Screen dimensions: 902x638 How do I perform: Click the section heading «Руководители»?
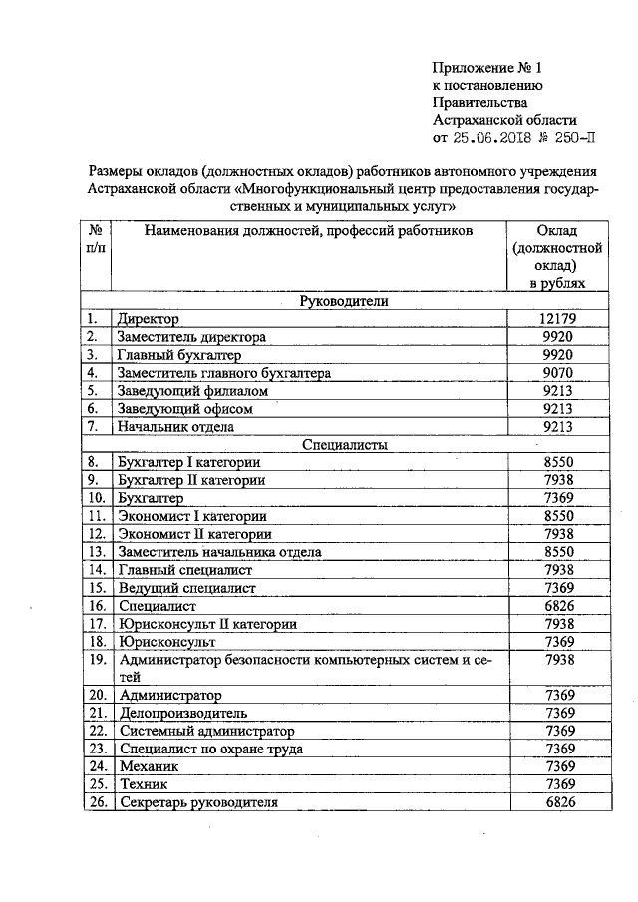click(x=344, y=301)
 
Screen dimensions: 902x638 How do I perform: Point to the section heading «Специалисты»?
click(x=345, y=445)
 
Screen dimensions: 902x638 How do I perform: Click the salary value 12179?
click(x=557, y=319)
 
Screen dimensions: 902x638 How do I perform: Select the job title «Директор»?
click(x=148, y=319)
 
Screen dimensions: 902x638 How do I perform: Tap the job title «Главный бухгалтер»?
click(x=179, y=355)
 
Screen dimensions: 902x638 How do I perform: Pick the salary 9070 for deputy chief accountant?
click(x=557, y=373)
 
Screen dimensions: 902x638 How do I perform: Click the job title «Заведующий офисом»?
click(x=185, y=409)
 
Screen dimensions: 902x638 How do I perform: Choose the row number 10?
click(x=96, y=498)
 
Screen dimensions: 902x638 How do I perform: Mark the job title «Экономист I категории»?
click(x=192, y=516)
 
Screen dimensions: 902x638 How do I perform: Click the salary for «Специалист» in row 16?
click(x=557, y=606)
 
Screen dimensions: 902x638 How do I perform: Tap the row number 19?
click(x=96, y=659)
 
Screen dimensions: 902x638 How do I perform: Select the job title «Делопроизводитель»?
click(x=183, y=714)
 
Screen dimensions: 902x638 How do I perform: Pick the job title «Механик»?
click(x=148, y=767)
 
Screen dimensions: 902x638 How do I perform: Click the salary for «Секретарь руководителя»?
click(x=557, y=803)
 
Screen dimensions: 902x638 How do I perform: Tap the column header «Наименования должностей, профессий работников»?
click(x=309, y=231)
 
